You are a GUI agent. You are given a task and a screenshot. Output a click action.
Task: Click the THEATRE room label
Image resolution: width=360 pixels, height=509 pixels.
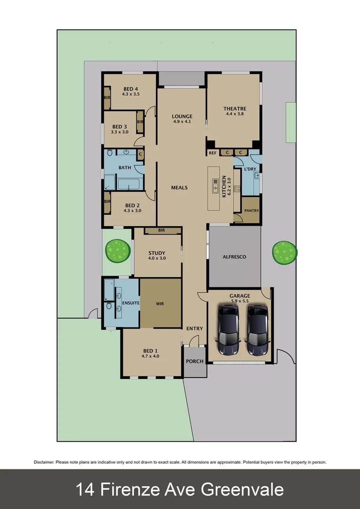pos(235,109)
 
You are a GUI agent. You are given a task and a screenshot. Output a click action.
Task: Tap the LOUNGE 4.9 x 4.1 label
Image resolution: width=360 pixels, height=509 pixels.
pos(182,119)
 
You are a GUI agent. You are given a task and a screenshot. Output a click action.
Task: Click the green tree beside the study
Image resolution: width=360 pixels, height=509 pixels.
pos(117,251)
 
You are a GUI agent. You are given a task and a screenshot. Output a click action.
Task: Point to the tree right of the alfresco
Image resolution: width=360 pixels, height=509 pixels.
pos(285,253)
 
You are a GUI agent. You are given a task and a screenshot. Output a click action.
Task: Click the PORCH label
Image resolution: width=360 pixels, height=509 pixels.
pos(195,361)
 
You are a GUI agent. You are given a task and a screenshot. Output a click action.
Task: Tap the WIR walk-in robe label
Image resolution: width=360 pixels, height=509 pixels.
pos(160,304)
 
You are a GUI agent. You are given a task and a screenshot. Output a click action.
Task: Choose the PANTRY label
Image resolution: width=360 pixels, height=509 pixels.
pos(251,211)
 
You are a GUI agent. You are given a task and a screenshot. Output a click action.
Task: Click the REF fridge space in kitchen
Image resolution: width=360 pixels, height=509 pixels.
pos(213,153)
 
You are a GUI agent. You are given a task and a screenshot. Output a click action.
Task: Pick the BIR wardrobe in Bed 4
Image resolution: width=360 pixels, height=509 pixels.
pos(107,98)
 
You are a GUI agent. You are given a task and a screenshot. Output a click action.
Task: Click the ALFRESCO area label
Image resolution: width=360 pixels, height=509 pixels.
pos(234,257)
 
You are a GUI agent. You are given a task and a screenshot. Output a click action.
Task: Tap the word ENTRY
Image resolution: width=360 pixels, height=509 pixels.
pos(195,328)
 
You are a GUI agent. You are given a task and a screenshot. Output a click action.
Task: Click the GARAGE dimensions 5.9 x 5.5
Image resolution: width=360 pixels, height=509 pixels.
pos(239,301)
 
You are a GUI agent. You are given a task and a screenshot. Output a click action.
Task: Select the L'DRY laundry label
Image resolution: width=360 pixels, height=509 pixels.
pos(249,169)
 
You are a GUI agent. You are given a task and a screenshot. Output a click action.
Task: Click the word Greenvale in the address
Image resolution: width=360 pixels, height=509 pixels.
pos(242,489)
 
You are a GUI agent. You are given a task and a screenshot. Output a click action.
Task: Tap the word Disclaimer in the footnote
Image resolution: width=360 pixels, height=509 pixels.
pos(44,462)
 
